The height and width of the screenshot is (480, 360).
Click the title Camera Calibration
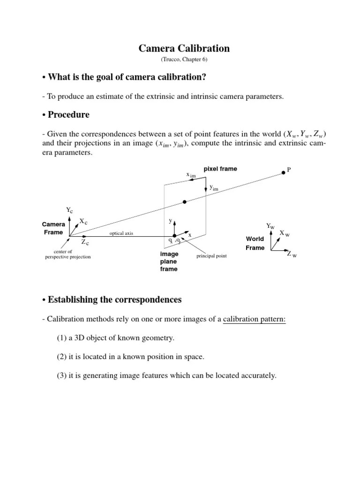[184, 48]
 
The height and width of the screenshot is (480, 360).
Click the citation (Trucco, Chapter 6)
[184, 60]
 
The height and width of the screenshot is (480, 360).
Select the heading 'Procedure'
[68, 115]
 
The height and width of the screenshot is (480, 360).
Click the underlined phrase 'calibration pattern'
[254, 320]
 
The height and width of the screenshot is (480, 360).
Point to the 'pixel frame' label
[220, 169]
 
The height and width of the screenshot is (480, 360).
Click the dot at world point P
[283, 173]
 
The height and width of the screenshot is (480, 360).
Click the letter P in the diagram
[290, 170]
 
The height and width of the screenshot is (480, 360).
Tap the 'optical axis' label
[121, 233]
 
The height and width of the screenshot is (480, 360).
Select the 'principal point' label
[211, 256]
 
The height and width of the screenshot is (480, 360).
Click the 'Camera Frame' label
[54, 228]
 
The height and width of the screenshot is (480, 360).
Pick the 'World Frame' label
[255, 243]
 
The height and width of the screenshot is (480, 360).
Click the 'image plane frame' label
[169, 262]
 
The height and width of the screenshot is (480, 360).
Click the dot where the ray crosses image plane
[185, 202]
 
